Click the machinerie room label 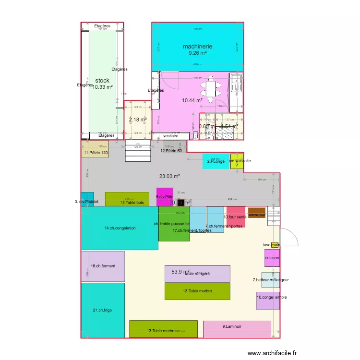pyautogui.click(x=197, y=47)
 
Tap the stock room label pyautogui.click(x=102, y=81)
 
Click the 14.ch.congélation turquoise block pyautogui.click(x=120, y=228)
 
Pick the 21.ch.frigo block pyautogui.click(x=102, y=311)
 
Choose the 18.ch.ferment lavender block pyautogui.click(x=103, y=266)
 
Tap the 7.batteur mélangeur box pyautogui.click(x=270, y=280)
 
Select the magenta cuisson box pyautogui.click(x=272, y=257)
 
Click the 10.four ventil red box pyautogui.click(x=236, y=217)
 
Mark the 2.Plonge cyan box pyautogui.click(x=216, y=161)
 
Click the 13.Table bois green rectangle pyautogui.click(x=127, y=199)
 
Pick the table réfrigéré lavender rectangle pyautogui.click(x=197, y=274)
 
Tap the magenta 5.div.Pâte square pyautogui.click(x=165, y=197)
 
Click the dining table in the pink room pyautogui.click(x=210, y=90)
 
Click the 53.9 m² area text pyautogui.click(x=180, y=272)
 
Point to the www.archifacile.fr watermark pyautogui.click(x=273, y=353)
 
